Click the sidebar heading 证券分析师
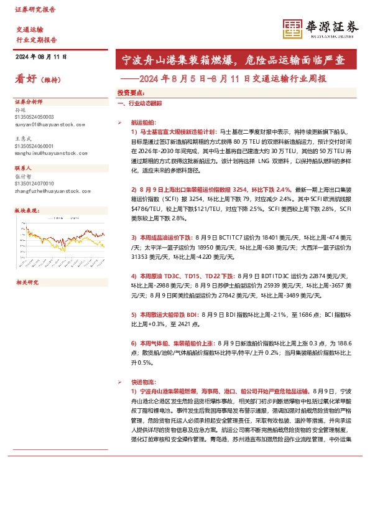tap(27, 100)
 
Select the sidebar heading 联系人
tap(23, 168)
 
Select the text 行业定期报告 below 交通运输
tap(36, 39)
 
